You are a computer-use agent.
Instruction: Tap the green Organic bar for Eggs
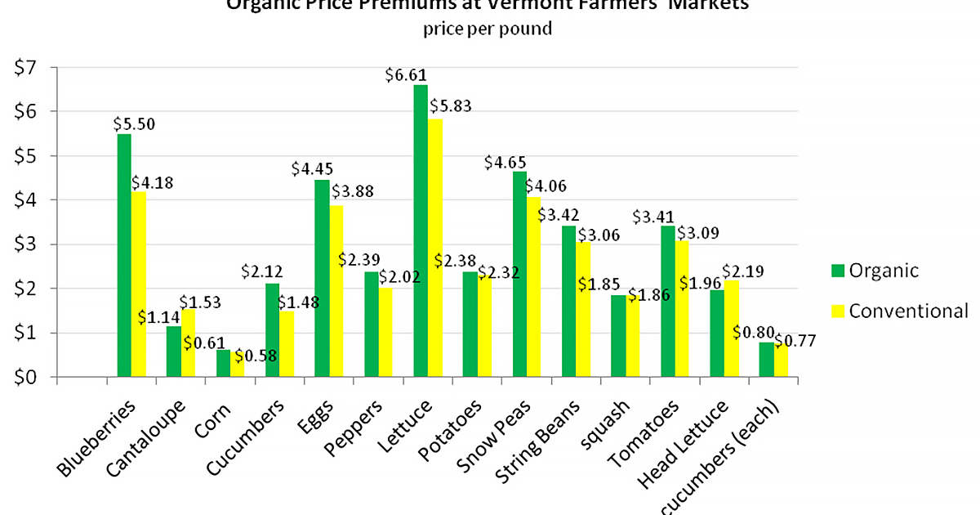[322, 278]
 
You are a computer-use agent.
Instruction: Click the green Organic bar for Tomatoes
[668, 302]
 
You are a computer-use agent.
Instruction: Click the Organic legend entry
[875, 271]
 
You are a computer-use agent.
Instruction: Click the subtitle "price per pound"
[488, 29]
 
